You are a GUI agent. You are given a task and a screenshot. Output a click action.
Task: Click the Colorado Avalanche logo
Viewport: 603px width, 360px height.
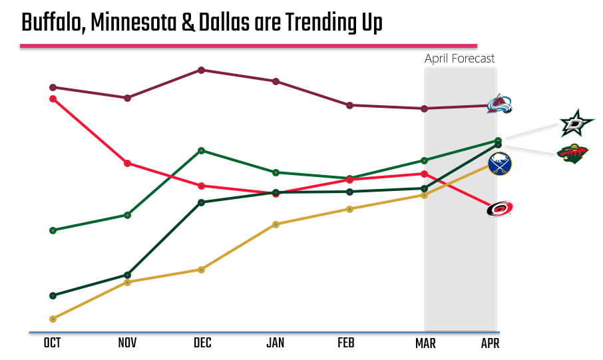(499, 104)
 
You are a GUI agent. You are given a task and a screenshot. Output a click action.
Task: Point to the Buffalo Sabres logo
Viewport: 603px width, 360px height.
(499, 164)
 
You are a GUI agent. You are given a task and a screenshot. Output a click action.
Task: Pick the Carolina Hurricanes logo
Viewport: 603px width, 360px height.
(499, 210)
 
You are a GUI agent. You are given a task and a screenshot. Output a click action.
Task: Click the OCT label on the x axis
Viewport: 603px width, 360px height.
(53, 343)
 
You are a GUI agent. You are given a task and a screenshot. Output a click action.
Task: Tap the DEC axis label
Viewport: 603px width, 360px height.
(202, 343)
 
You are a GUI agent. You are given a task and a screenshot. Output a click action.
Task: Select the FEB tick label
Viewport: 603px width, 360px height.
(346, 343)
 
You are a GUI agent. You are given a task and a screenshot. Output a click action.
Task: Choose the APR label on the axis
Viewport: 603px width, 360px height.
(490, 343)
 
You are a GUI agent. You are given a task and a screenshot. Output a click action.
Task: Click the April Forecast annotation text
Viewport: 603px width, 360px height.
(460, 59)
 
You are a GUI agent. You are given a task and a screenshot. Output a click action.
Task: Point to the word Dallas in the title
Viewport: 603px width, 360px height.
(224, 23)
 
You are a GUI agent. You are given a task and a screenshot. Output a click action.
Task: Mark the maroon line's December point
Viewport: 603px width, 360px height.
(201, 70)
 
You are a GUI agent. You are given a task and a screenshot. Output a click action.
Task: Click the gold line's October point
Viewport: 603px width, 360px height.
(53, 319)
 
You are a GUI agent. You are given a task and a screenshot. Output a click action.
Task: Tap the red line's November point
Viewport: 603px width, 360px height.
(127, 163)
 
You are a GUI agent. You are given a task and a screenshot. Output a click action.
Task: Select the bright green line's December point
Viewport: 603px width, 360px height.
(201, 150)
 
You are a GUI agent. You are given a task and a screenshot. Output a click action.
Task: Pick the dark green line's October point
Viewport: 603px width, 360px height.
(53, 295)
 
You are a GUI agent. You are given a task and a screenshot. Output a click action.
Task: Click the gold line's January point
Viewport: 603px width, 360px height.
(276, 224)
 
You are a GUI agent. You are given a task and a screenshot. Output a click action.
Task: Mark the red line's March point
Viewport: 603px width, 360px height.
(424, 174)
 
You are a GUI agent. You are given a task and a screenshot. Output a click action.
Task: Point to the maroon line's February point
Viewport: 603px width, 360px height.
(350, 105)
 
